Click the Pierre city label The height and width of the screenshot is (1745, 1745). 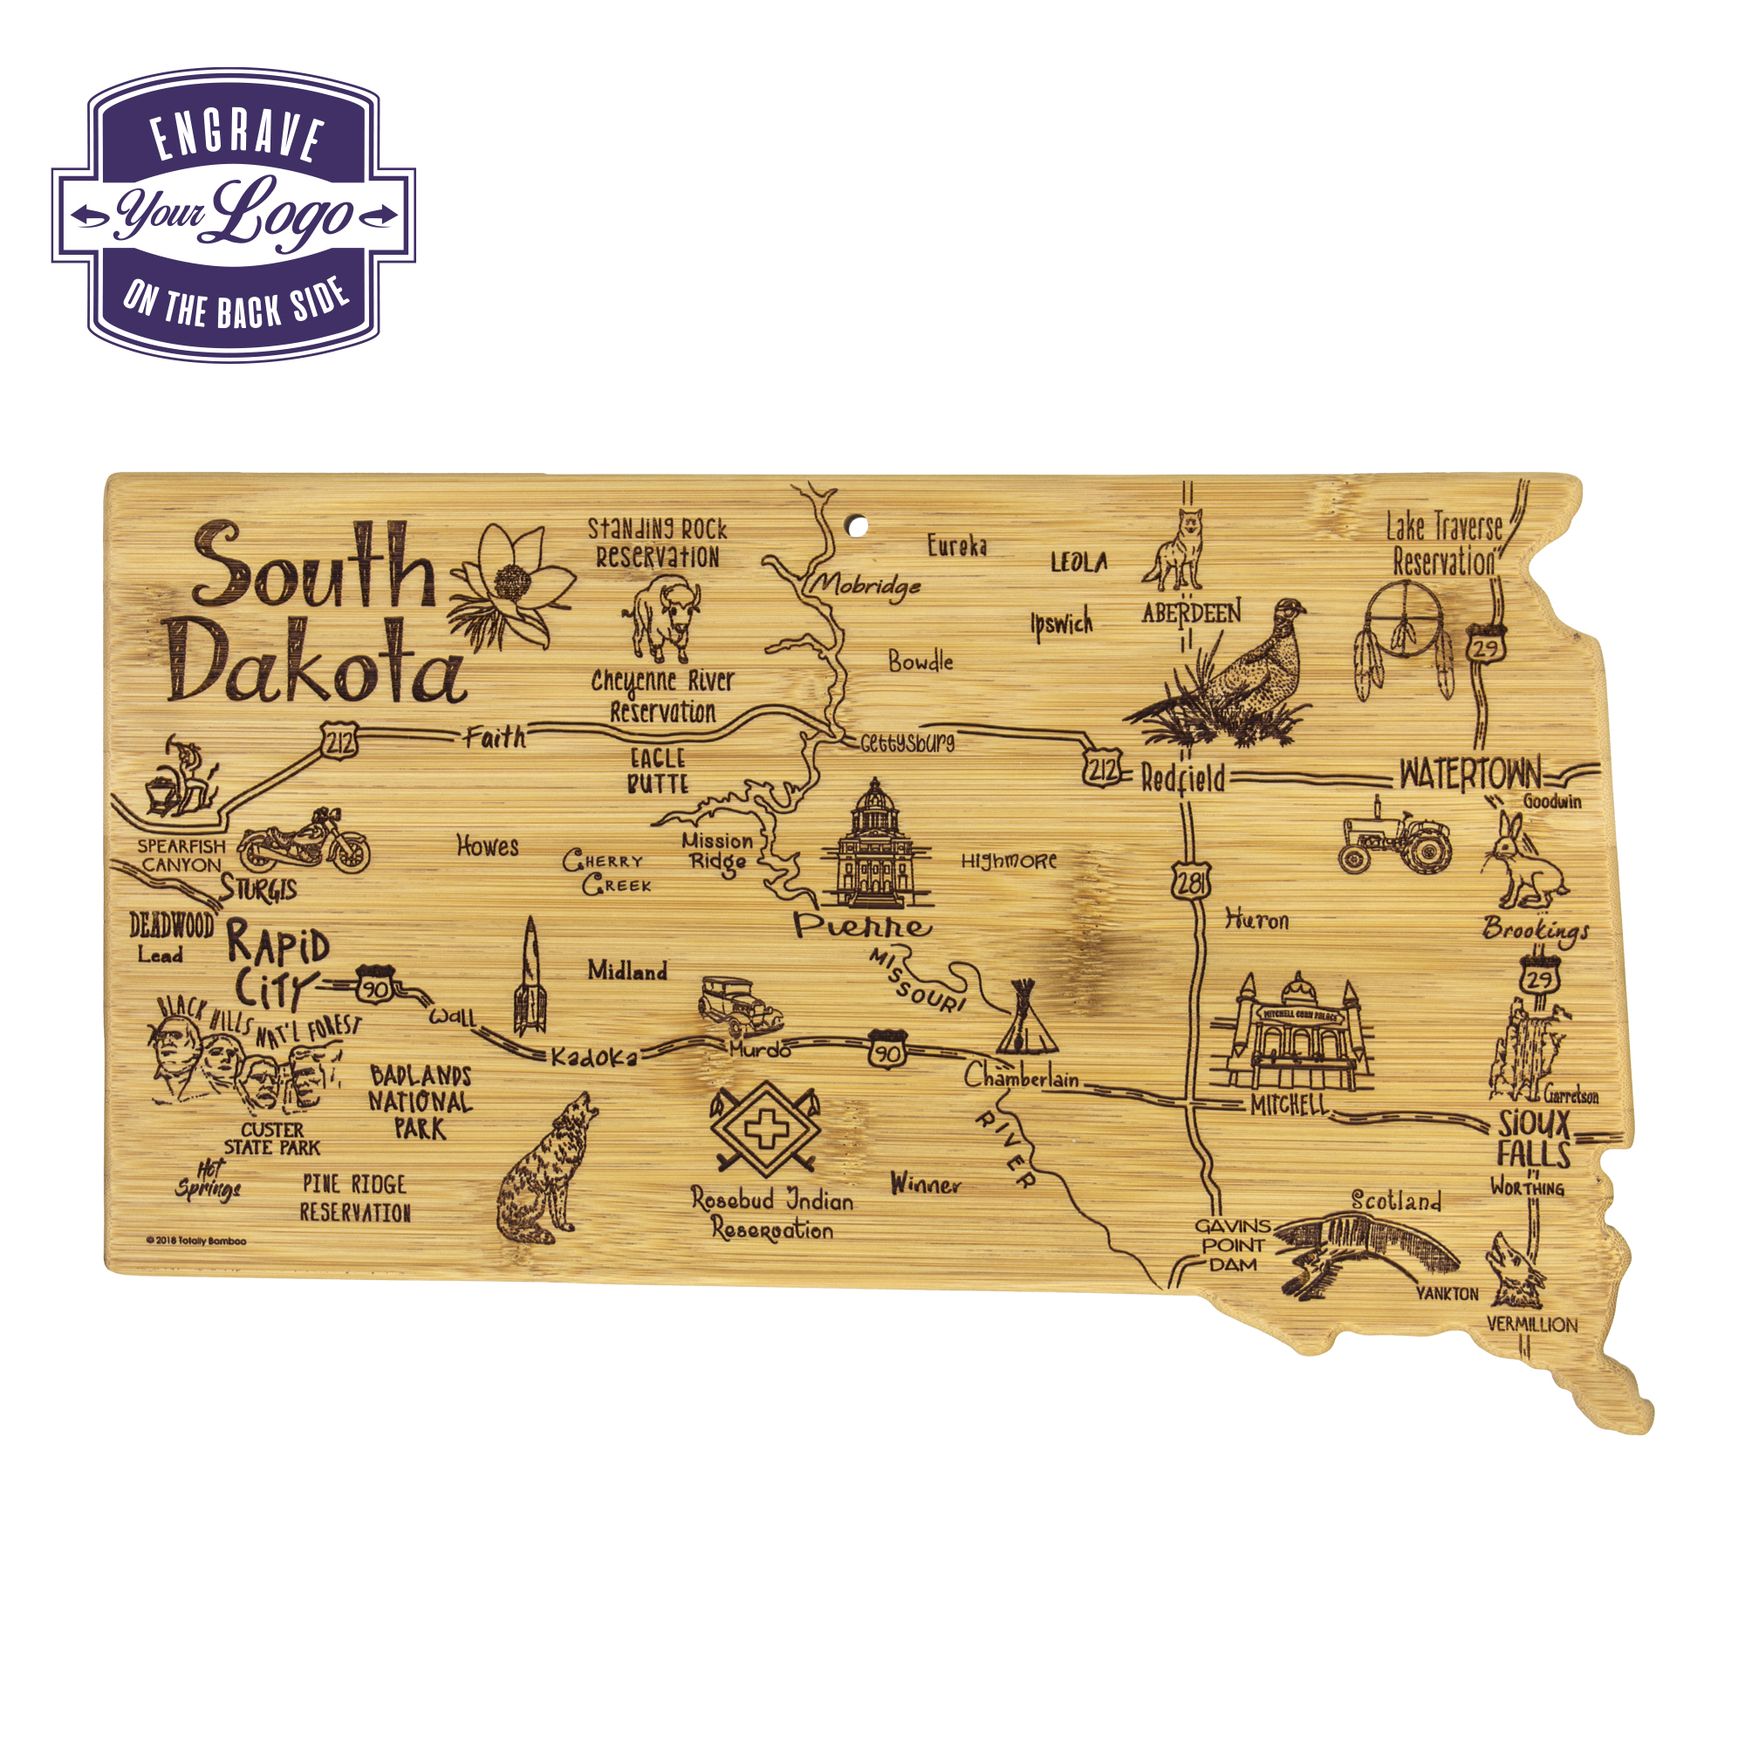(862, 925)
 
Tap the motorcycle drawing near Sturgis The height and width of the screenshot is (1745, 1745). (304, 842)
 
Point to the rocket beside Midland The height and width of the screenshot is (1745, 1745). (530, 977)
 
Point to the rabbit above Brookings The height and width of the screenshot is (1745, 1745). (1522, 861)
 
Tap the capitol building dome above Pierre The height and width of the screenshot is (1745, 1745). (873, 800)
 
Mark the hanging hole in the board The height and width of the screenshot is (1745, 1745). (857, 524)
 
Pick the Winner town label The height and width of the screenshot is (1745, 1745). (925, 1184)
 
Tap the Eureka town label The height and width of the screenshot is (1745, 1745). (956, 545)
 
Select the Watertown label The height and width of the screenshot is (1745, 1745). (1470, 774)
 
